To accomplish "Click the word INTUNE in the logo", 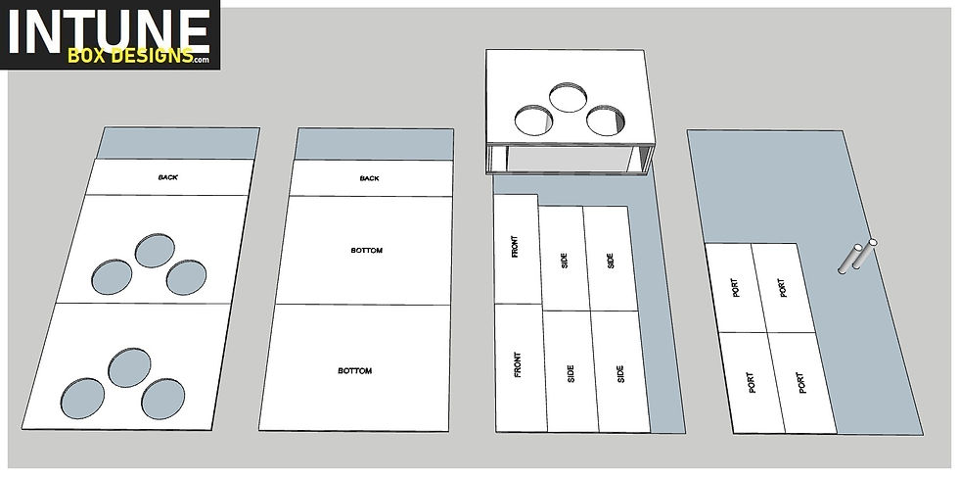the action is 110,29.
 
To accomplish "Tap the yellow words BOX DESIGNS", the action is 130,56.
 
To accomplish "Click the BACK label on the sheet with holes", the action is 168,177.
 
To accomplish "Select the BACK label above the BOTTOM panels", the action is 370,178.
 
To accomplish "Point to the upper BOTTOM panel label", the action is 367,251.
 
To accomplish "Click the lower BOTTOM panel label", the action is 354,370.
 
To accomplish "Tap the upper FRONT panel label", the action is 515,247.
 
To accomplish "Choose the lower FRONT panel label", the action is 518,364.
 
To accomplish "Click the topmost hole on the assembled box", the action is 569,97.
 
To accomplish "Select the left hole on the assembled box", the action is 534,120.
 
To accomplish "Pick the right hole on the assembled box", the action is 606,120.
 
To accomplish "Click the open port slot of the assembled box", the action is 570,161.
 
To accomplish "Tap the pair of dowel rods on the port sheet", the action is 857,256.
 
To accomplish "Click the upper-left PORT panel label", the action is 736,288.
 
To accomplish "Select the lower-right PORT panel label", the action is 801,383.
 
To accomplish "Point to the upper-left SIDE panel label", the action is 564,261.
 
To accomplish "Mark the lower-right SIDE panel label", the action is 620,374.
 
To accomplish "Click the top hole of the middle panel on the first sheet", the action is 155,251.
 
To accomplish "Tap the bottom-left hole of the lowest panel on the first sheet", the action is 82,399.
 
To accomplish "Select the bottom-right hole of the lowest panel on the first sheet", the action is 163,399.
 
